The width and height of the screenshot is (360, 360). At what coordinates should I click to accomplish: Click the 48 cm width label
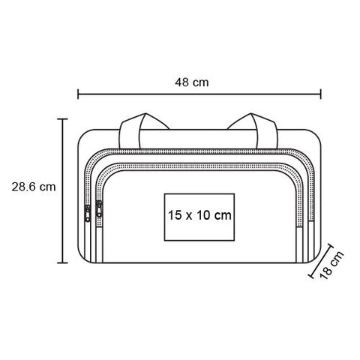point(192,82)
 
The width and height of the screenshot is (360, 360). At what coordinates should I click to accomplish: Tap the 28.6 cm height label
point(34,187)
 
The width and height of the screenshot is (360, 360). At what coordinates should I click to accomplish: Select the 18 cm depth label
point(331,265)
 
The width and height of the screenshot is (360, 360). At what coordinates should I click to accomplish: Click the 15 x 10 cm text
point(199,215)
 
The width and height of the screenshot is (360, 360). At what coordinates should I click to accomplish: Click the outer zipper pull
point(88,213)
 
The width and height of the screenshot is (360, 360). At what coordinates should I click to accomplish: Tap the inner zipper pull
point(99,209)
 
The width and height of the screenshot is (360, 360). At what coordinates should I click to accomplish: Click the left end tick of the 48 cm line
point(78,94)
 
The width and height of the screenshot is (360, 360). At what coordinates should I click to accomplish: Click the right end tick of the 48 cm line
point(321,94)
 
